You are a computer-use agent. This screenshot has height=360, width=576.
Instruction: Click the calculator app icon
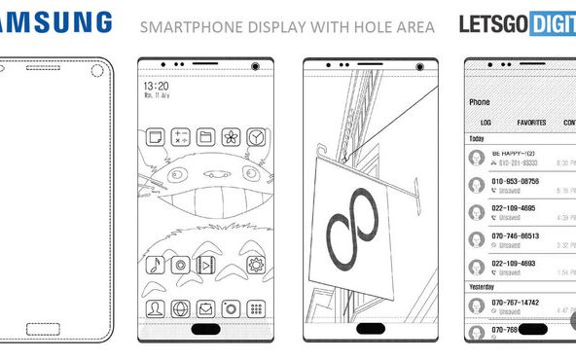click(180, 136)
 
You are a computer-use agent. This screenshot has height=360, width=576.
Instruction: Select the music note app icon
click(154, 265)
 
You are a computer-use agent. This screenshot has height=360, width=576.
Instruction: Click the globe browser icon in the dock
click(180, 308)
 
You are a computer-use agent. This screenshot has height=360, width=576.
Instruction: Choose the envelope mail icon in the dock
click(206, 308)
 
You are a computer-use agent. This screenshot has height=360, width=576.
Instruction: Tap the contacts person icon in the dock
click(155, 308)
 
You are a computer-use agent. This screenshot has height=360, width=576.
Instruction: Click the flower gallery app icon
click(232, 136)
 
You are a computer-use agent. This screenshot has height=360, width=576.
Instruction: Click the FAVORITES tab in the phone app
click(531, 125)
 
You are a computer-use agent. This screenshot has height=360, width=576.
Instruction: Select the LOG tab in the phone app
click(486, 125)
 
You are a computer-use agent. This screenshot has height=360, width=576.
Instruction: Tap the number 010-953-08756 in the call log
click(517, 182)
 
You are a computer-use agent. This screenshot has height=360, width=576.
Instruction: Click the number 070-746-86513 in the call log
click(516, 235)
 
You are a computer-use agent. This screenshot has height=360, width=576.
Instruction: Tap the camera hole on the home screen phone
click(256, 67)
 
